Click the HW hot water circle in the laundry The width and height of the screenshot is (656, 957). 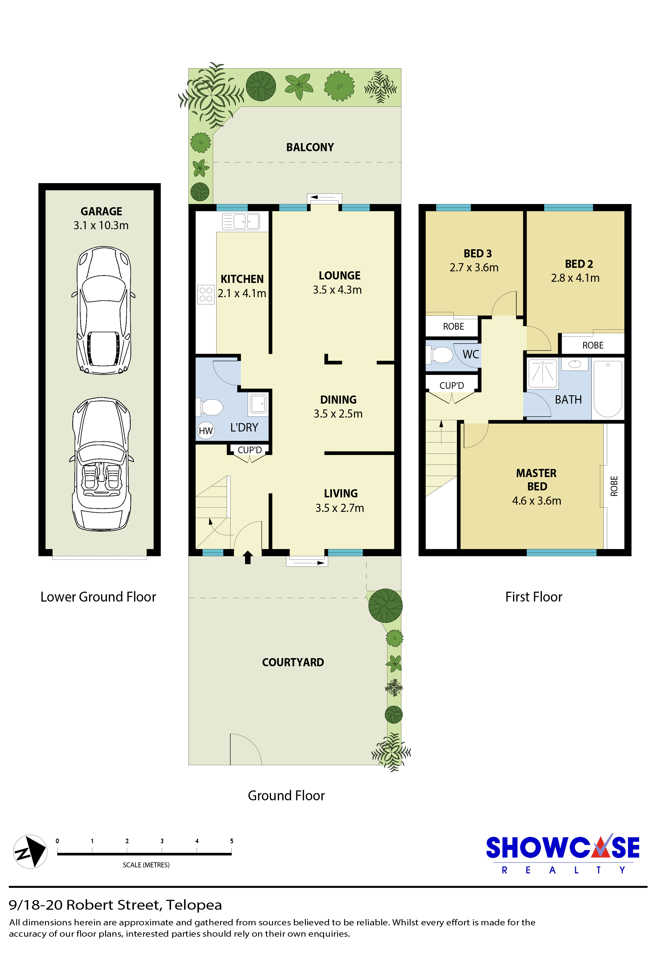(206, 431)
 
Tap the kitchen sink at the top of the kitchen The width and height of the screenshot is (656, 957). (241, 221)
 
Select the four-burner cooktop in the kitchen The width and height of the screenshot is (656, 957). (206, 295)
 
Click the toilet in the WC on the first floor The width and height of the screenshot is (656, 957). (440, 355)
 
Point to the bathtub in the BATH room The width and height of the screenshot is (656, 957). (608, 389)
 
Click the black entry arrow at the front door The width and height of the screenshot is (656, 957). (248, 557)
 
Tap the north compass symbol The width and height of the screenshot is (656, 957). (30, 852)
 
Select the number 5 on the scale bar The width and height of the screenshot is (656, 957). (231, 841)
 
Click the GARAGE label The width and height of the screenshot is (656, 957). (101, 211)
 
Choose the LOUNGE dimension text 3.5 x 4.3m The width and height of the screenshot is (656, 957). (337, 290)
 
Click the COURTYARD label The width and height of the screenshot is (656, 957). (293, 662)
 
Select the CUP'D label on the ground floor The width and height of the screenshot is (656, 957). (250, 450)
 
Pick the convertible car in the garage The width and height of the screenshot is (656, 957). (102, 464)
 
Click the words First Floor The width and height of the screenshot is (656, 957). (534, 597)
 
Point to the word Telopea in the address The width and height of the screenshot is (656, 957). (194, 905)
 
